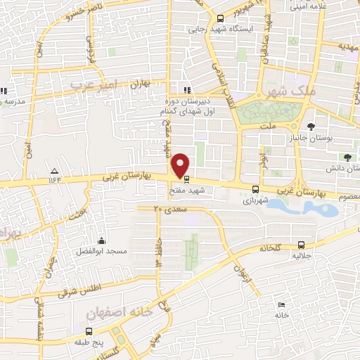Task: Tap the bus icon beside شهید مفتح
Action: (x=186, y=188)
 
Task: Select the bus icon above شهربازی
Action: (x=255, y=188)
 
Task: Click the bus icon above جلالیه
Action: (x=301, y=245)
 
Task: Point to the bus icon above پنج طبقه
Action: (x=89, y=331)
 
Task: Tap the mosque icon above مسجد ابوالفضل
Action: (x=103, y=240)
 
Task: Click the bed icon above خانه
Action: (x=281, y=305)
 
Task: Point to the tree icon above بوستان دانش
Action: (x=349, y=157)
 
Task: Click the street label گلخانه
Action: (x=271, y=248)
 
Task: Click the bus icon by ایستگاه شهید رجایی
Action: (x=221, y=19)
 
